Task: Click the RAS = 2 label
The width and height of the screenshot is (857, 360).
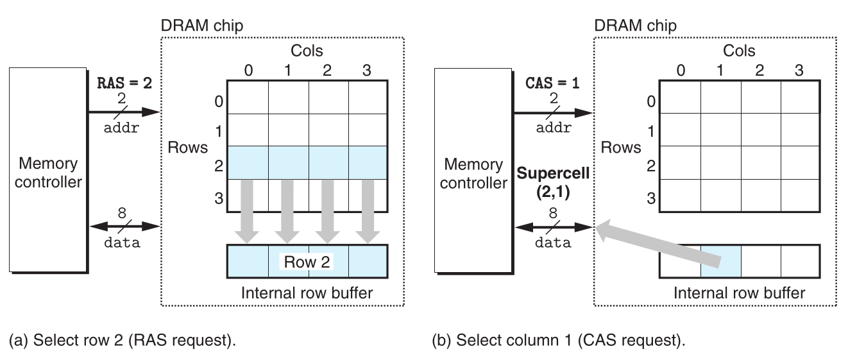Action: pos(124,83)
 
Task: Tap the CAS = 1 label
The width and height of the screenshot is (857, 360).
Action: pos(553,83)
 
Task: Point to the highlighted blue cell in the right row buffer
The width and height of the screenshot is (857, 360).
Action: pos(721,261)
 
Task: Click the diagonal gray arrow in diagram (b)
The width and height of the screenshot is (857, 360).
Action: pos(661,242)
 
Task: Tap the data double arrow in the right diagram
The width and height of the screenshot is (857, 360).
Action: pos(552,227)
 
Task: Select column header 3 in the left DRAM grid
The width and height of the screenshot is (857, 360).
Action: pos(367,70)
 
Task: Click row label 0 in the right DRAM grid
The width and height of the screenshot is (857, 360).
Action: pos(650,101)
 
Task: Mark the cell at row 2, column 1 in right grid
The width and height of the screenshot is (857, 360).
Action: pos(721,163)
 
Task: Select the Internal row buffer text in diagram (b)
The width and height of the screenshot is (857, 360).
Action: pos(739,293)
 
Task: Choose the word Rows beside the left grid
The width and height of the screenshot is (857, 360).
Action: pos(188,148)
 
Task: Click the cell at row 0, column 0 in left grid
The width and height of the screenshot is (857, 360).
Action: pos(248,97)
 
